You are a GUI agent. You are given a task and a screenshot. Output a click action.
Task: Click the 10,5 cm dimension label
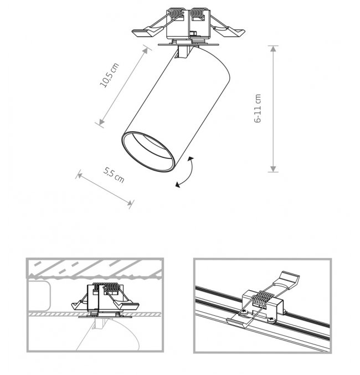[x=109, y=75]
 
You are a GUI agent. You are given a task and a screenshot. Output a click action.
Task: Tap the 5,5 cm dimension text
[x=114, y=175]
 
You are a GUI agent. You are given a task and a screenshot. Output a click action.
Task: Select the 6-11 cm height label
[x=258, y=109]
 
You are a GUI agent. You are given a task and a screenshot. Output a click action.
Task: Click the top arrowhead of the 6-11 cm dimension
[x=273, y=49]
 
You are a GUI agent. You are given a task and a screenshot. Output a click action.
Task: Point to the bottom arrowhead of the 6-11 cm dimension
[x=273, y=169]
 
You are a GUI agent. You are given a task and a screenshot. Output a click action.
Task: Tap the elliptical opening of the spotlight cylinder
[x=148, y=151]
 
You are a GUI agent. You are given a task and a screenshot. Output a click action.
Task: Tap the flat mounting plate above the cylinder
[x=188, y=45]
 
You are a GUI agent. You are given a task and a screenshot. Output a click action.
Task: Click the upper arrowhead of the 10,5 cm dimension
[x=146, y=51]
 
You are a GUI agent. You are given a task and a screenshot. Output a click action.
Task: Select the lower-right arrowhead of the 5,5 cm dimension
[x=130, y=203]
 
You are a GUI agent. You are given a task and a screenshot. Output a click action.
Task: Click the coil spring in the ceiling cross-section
[x=105, y=287]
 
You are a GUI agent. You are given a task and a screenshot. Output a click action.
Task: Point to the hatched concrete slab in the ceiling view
[x=95, y=268]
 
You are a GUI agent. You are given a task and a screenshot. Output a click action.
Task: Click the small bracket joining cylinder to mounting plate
[x=184, y=52]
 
